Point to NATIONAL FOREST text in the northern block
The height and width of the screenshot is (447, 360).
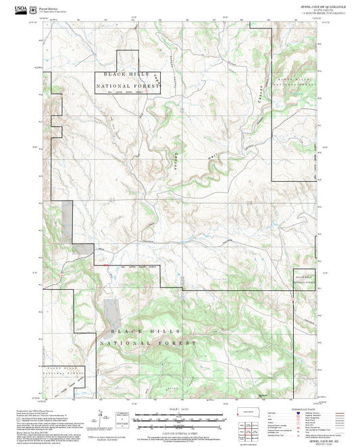point(128,86)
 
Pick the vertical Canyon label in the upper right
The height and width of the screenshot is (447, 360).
point(257,97)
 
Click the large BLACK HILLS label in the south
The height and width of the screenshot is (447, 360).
point(147,331)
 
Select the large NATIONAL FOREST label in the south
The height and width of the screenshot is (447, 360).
point(148,344)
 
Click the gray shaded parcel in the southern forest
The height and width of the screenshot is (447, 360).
point(112,311)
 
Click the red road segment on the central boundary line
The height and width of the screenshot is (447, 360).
point(105,266)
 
